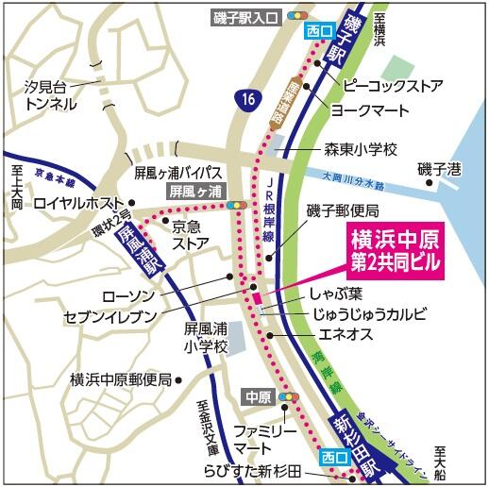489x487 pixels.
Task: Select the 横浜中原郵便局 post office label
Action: pyautogui.click(x=121, y=379)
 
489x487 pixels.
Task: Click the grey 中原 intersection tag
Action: pyautogui.click(x=258, y=395)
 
